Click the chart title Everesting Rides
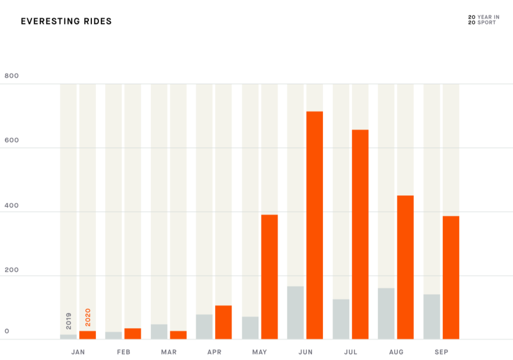coord(66,21)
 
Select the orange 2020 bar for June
coord(314,225)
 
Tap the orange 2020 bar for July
coord(360,234)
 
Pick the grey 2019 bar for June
coord(295,313)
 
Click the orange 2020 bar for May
coord(269,277)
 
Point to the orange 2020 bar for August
coord(405,267)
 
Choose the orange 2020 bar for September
coord(451,277)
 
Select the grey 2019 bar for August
coord(386,314)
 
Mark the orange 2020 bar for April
coord(224,322)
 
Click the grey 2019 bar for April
coord(204,327)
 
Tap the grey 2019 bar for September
coord(432,317)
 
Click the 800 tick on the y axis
coord(11,76)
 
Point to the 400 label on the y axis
coord(11,205)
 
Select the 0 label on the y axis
coord(7,331)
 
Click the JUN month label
coord(305,352)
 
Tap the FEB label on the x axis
coord(124,352)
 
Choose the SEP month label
coord(442,352)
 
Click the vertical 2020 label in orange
coord(88,318)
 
